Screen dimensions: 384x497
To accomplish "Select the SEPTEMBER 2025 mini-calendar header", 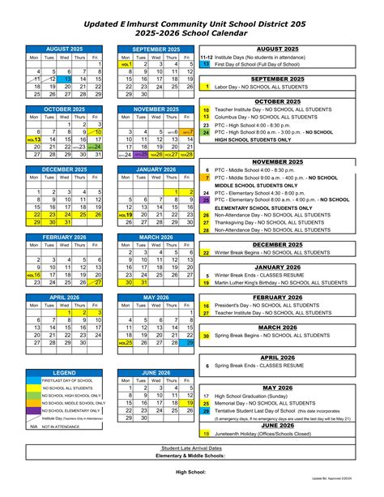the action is point(156,49).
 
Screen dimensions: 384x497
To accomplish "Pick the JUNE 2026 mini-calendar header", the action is point(156,373).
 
